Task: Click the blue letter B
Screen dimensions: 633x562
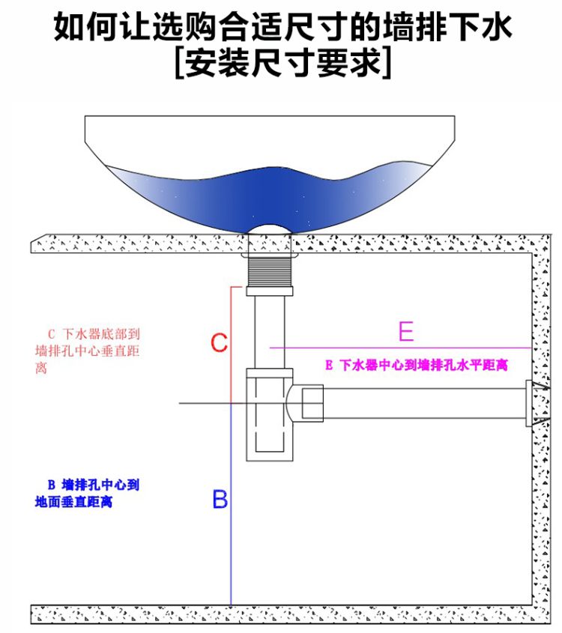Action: (220, 499)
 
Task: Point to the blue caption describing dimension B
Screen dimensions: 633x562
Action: (87, 494)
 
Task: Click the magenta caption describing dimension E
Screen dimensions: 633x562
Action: (417, 366)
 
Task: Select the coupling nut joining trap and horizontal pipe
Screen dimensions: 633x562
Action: (311, 403)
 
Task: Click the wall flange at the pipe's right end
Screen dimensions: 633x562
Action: (533, 403)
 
